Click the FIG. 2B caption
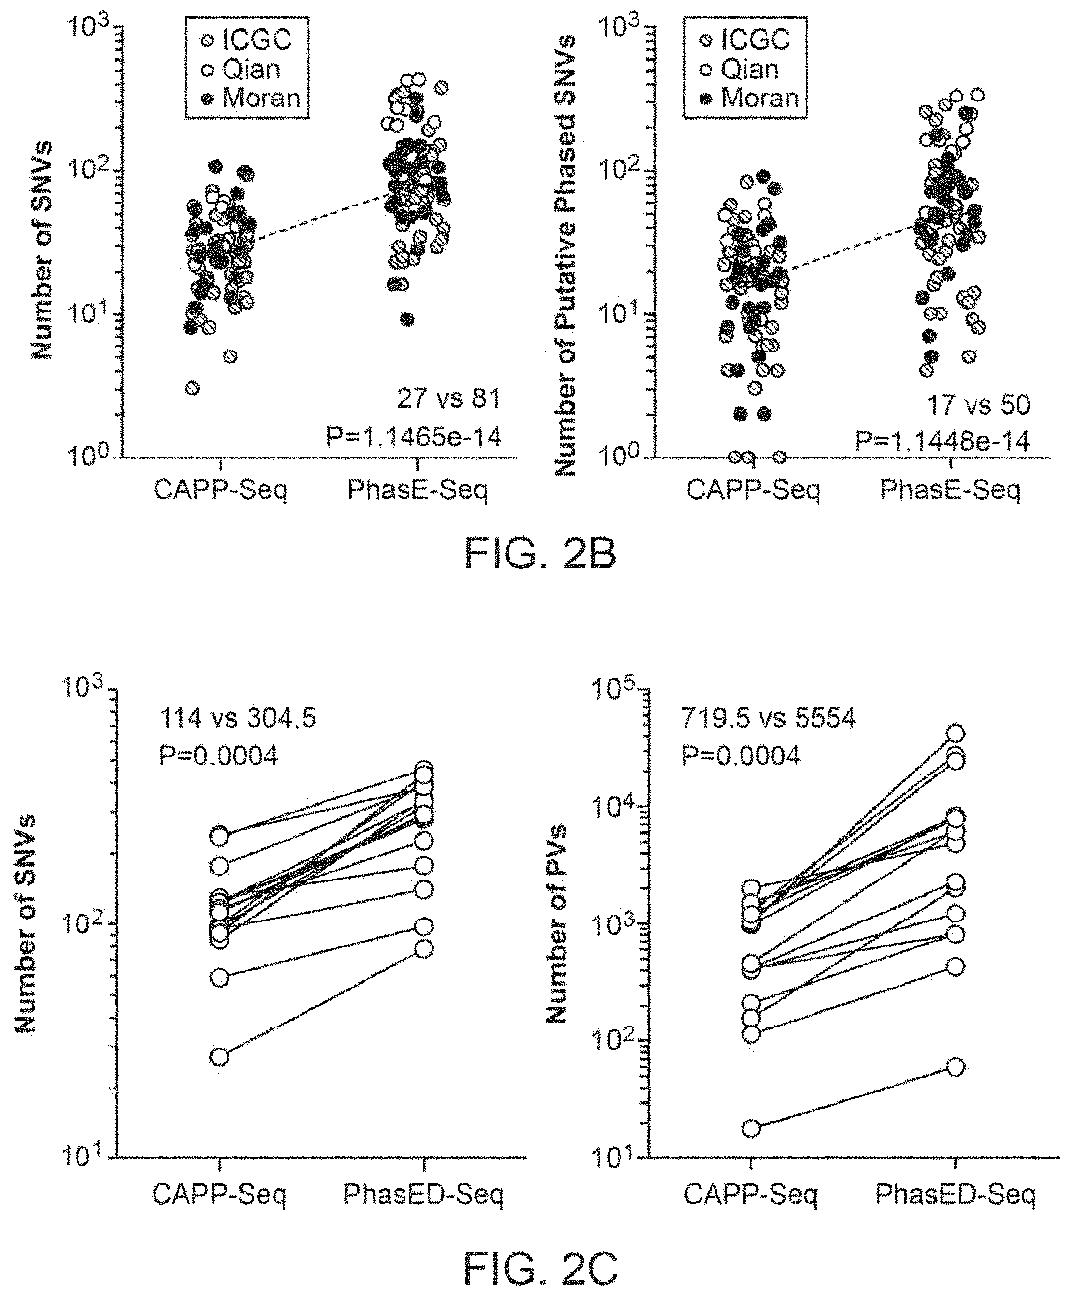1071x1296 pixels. pyautogui.click(x=540, y=554)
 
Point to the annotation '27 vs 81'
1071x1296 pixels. pyautogui.click(x=448, y=399)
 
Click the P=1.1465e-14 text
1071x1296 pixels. pyautogui.click(x=414, y=438)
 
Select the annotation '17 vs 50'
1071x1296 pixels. pyautogui.click(x=978, y=405)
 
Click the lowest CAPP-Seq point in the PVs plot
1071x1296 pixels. pyautogui.click(x=751, y=1129)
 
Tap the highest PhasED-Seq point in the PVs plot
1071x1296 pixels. pyautogui.click(x=956, y=734)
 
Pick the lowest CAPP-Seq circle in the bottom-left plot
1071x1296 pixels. pyautogui.click(x=220, y=1057)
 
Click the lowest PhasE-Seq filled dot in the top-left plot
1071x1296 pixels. pyautogui.click(x=407, y=320)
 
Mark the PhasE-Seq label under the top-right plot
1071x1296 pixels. pyautogui.click(x=951, y=490)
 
